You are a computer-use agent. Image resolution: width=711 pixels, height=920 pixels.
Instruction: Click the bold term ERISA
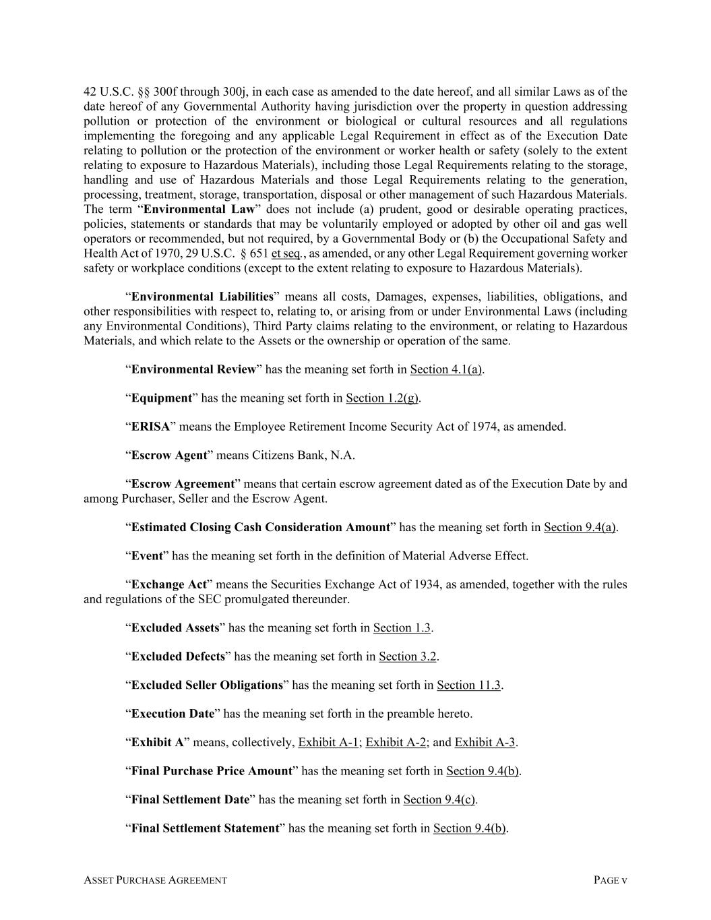click(x=150, y=427)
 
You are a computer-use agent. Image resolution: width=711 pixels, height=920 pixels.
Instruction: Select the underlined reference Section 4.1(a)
click(x=445, y=369)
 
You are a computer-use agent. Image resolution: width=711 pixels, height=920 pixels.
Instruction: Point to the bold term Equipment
click(x=161, y=398)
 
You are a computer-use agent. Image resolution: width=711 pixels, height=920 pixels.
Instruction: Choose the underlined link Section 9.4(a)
click(x=580, y=528)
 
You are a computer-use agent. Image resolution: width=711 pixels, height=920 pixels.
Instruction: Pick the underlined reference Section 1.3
click(x=402, y=628)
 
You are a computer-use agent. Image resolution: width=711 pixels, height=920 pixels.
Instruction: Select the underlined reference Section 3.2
click(x=407, y=656)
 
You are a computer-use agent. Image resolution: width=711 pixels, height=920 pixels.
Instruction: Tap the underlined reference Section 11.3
click(x=468, y=685)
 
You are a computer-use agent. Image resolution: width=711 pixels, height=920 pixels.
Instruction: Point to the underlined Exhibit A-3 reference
click(x=485, y=743)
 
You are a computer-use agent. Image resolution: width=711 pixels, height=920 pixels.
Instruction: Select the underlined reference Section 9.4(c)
click(x=439, y=800)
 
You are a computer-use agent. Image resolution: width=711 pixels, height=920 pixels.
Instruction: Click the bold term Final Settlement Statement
click(x=205, y=828)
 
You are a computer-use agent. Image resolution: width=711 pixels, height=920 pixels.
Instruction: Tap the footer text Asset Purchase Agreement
click(x=155, y=880)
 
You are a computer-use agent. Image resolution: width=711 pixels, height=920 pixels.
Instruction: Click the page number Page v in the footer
click(x=610, y=880)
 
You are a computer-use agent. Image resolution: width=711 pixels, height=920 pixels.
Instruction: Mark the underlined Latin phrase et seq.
click(x=286, y=253)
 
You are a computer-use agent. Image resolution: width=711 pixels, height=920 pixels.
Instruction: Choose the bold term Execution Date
click(x=173, y=714)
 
